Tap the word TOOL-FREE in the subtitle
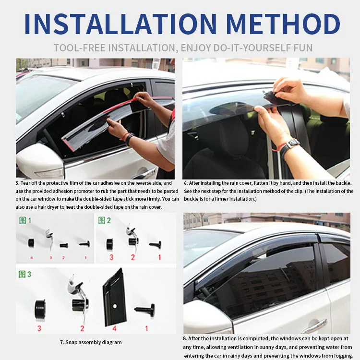point(80,48)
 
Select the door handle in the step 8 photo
point(314,326)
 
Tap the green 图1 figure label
point(25,221)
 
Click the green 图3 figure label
point(25,274)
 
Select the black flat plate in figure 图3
point(114,298)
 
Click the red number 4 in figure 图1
point(31,257)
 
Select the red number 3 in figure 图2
point(111,257)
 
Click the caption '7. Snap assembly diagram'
point(91,342)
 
